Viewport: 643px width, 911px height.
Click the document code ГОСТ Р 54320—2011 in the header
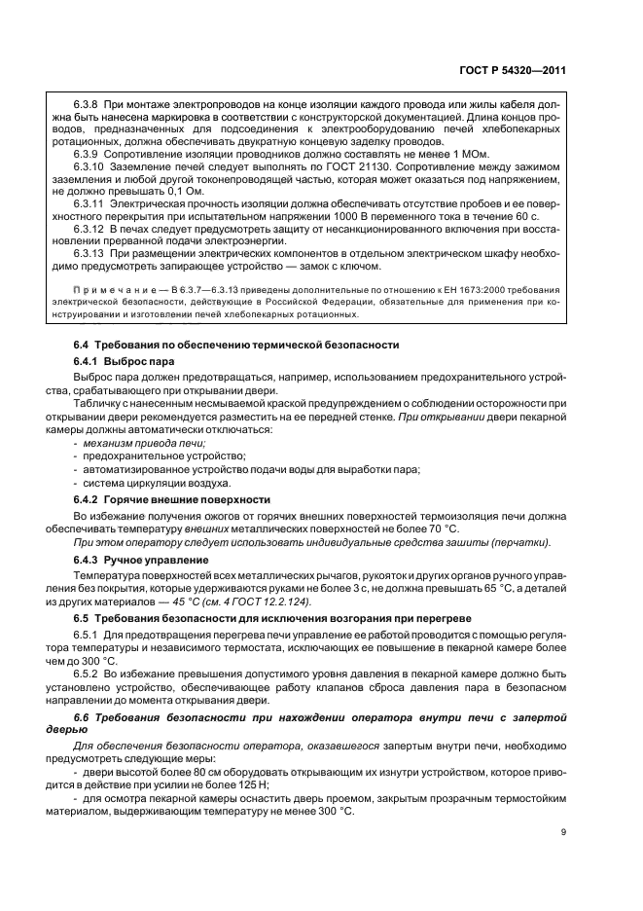[x=513, y=70]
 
